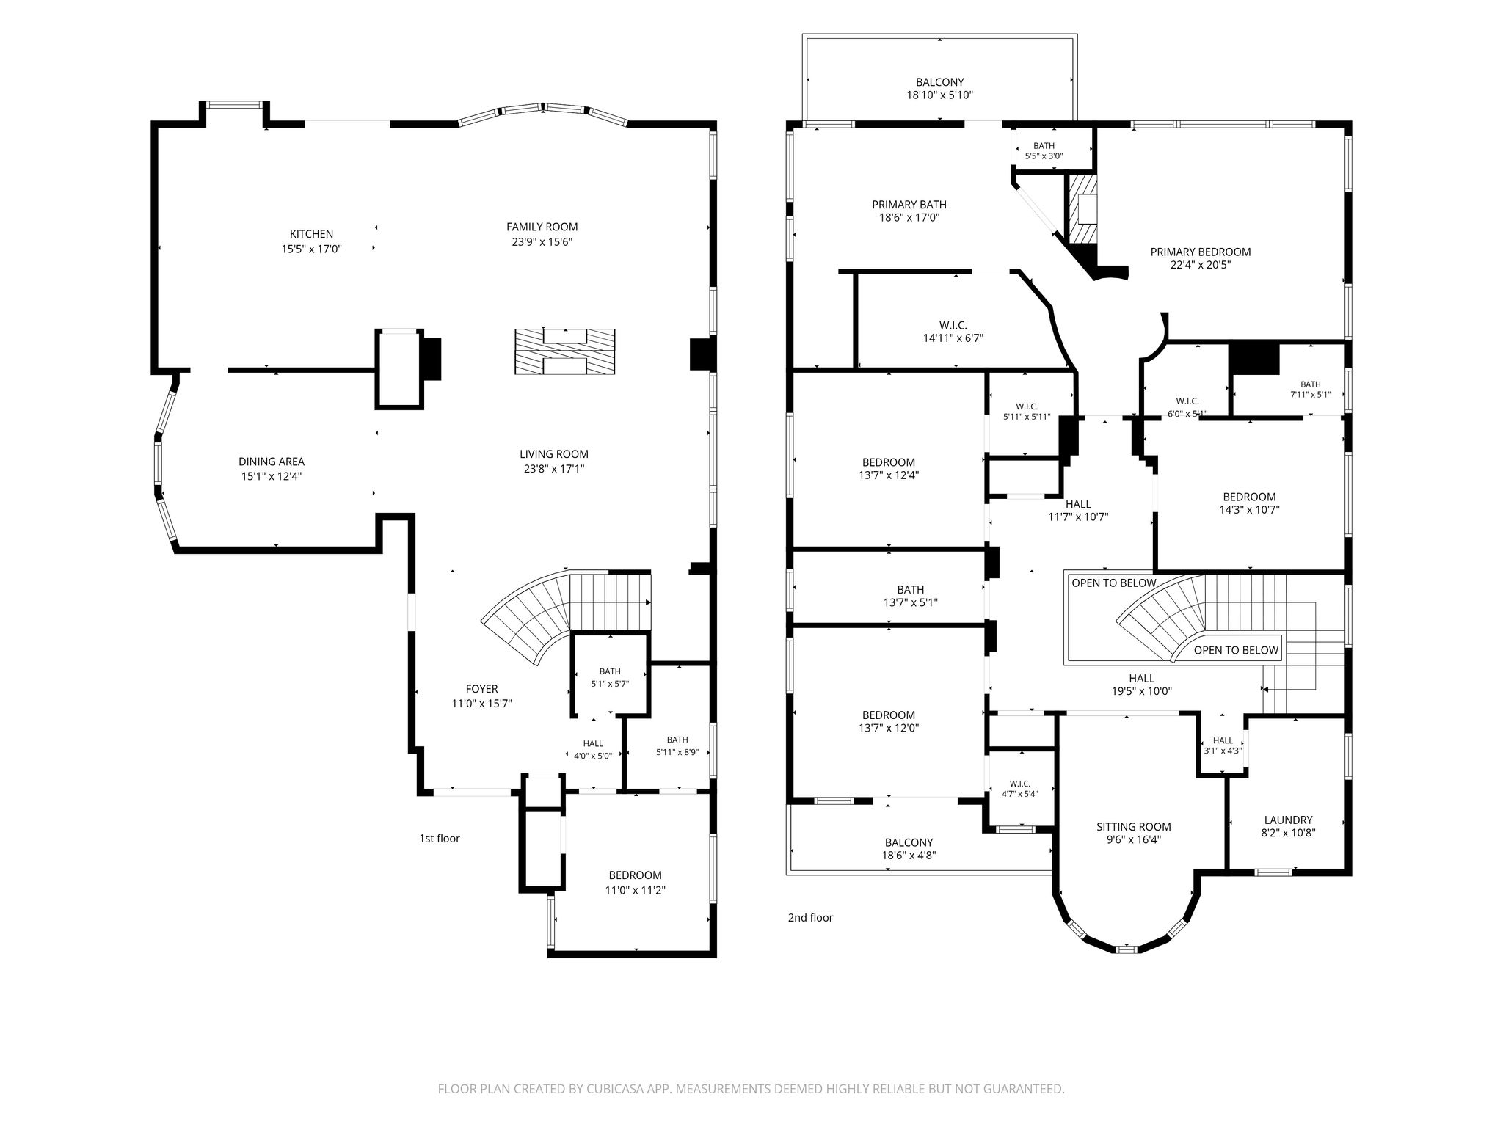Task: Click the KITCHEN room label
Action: tap(311, 234)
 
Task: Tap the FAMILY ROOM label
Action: tap(542, 227)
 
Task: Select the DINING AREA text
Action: tap(272, 462)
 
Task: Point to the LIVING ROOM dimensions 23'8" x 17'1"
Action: tap(554, 469)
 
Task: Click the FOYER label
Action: tap(481, 689)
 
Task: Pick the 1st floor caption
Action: tap(440, 838)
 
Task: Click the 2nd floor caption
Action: tap(810, 917)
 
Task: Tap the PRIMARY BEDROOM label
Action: tap(1201, 252)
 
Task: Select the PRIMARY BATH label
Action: tap(909, 205)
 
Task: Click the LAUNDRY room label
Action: tap(1289, 820)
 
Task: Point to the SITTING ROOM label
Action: tap(1134, 827)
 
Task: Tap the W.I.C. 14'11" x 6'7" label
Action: tap(953, 332)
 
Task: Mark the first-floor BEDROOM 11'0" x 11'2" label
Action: tap(636, 883)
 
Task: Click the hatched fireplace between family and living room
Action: tap(564, 352)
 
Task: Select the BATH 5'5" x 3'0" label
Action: tap(1044, 151)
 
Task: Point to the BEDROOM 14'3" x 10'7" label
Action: tap(1249, 503)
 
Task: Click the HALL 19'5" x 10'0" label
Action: tap(1141, 685)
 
